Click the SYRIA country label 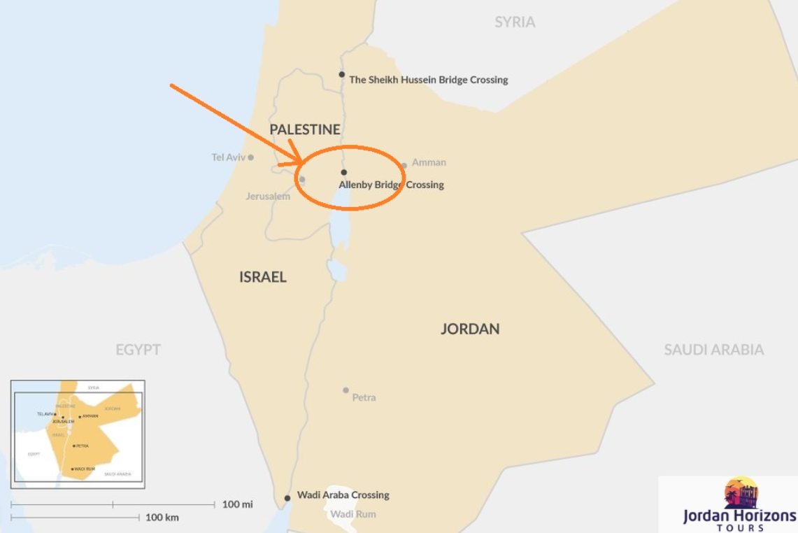tap(515, 22)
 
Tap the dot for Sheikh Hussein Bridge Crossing tap(342, 74)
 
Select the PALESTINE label tap(305, 129)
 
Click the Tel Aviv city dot tap(250, 157)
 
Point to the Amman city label tap(429, 162)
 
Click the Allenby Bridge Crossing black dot tap(343, 172)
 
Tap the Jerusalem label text tap(268, 196)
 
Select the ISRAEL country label tap(263, 277)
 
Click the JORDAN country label tap(470, 329)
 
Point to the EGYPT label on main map tap(138, 350)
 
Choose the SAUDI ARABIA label tap(713, 350)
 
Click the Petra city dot tap(345, 390)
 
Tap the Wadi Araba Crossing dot tap(287, 498)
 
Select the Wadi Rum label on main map tap(353, 514)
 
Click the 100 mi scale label tap(238, 504)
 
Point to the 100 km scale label tap(162, 518)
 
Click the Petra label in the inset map tap(83, 446)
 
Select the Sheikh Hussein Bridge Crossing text tap(429, 80)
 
